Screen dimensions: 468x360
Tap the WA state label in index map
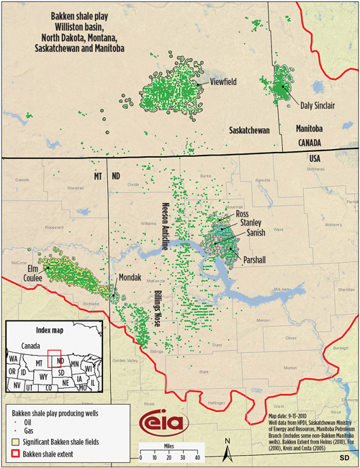[14, 358]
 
